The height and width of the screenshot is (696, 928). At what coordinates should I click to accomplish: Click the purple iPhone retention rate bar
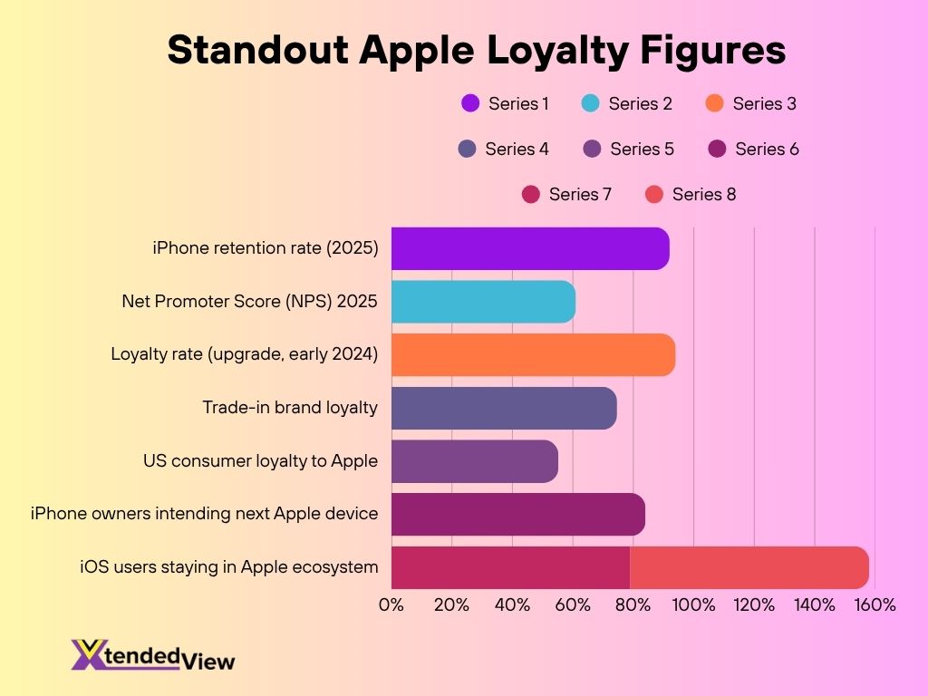530,248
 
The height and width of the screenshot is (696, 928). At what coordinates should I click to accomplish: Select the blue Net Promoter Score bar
483,302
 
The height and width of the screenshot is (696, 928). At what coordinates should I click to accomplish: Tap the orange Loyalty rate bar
533,354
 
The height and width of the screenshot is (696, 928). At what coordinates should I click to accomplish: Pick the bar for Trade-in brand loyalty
504,408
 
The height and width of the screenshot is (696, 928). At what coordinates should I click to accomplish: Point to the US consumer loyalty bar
474,461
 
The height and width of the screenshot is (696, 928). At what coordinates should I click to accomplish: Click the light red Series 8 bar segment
749,568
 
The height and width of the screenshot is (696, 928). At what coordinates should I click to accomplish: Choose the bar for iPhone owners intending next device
517,515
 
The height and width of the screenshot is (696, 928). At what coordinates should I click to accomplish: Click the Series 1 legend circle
470,103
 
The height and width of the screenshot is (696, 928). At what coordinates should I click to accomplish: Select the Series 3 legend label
764,103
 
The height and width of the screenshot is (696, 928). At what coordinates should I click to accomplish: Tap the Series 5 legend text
642,149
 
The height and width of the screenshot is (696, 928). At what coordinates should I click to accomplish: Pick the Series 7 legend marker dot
531,194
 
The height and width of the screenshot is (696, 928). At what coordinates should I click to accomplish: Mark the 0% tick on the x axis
391,604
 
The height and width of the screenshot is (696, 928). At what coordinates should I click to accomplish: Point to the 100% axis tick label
693,604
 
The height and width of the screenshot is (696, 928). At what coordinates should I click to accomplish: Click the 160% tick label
875,604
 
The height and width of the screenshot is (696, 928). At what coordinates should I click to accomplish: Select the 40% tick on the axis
512,604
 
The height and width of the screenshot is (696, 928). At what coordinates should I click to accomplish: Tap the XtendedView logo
153,654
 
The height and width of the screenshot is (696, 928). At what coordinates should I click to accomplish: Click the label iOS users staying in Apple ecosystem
228,567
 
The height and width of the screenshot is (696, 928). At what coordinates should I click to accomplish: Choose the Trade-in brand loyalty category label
289,408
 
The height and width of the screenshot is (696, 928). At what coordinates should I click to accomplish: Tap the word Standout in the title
257,50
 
